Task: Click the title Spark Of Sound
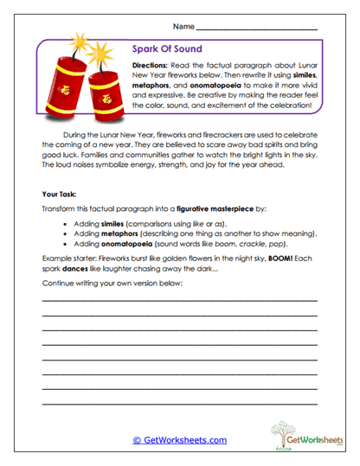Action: [168, 49]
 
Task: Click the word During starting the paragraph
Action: [88, 137]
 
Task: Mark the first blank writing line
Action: [179, 300]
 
